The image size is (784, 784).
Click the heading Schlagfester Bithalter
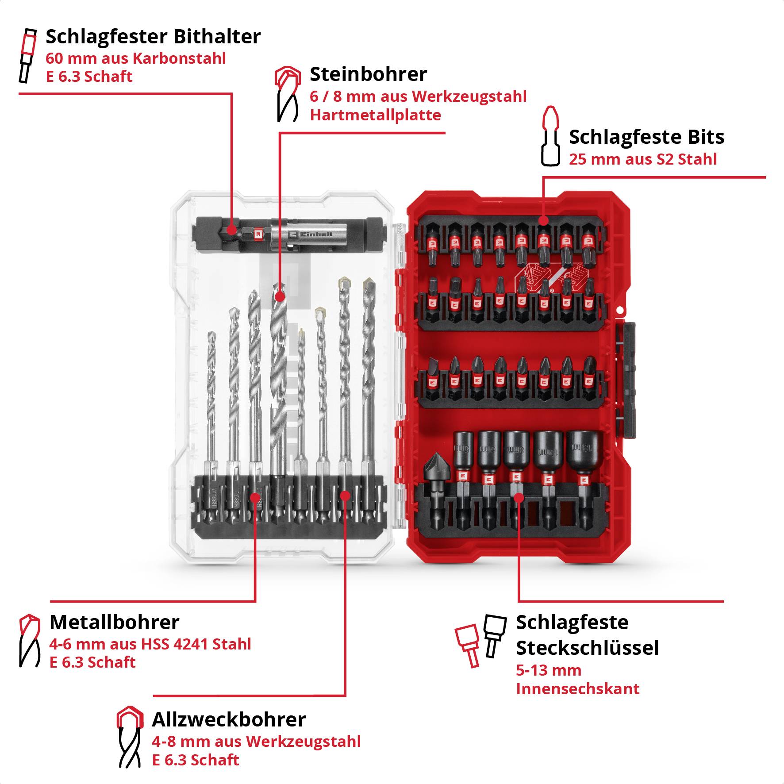(153, 37)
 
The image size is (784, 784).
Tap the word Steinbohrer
(368, 74)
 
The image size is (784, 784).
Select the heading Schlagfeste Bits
(646, 137)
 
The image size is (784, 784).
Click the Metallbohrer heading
(114, 623)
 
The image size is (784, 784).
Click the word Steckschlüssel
(587, 648)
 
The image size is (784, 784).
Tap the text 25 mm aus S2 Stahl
(642, 159)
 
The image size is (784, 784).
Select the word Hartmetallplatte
(375, 115)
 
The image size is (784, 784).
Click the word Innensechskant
(577, 689)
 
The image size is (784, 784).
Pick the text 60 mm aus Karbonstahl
(136, 58)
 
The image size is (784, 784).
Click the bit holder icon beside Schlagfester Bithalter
(27, 56)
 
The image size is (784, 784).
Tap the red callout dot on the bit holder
(231, 230)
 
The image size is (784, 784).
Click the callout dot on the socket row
(519, 498)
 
